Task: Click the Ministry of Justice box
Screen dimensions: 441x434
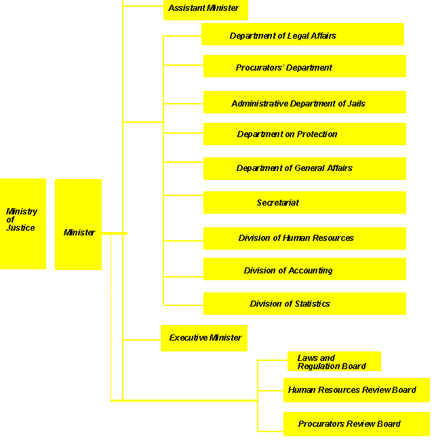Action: pyautogui.click(x=23, y=224)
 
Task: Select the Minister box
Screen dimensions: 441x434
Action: pyautogui.click(x=78, y=225)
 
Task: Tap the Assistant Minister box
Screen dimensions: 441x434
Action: pyautogui.click(x=205, y=9)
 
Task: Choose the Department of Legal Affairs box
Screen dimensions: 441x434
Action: pyautogui.click(x=302, y=35)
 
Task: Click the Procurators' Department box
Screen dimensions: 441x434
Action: pyautogui.click(x=304, y=66)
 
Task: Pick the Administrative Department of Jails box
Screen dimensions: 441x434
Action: pyautogui.click(x=304, y=102)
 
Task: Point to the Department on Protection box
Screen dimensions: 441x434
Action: pyautogui.click(x=304, y=134)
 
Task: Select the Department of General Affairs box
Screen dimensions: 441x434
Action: pyautogui.click(x=304, y=168)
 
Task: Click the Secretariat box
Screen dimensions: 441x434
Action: pyautogui.click(x=304, y=203)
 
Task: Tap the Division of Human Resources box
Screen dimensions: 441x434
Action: pyautogui.click(x=304, y=238)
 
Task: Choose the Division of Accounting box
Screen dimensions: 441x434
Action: pyautogui.click(x=304, y=269)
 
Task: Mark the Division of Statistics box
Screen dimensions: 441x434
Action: pyautogui.click(x=304, y=303)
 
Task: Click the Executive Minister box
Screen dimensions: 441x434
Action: pyautogui.click(x=204, y=338)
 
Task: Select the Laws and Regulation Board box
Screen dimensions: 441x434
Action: pyautogui.click(x=333, y=362)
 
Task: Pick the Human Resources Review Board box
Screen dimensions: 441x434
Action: pyautogui.click(x=356, y=390)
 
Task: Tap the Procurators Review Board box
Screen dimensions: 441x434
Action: pyautogui.click(x=356, y=424)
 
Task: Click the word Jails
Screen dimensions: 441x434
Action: pyautogui.click(x=355, y=104)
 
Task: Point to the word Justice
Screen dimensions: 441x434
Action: pyautogui.click(x=20, y=228)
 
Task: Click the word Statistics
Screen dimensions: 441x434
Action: pyautogui.click(x=309, y=304)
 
